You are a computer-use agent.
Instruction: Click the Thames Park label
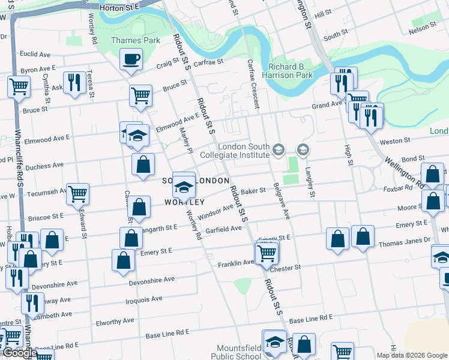pyautogui.click(x=127, y=41)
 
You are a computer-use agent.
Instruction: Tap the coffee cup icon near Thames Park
pyautogui.click(x=131, y=59)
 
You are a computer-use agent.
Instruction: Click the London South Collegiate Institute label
pyautogui.click(x=244, y=151)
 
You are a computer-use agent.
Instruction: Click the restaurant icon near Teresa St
pyautogui.click(x=75, y=83)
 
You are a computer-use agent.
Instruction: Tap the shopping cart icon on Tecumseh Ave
pyautogui.click(x=77, y=194)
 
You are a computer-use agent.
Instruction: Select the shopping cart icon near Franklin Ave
pyautogui.click(x=267, y=252)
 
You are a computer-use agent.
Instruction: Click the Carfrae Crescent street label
pyautogui.click(x=252, y=84)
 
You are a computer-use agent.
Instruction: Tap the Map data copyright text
pyautogui.click(x=411, y=355)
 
